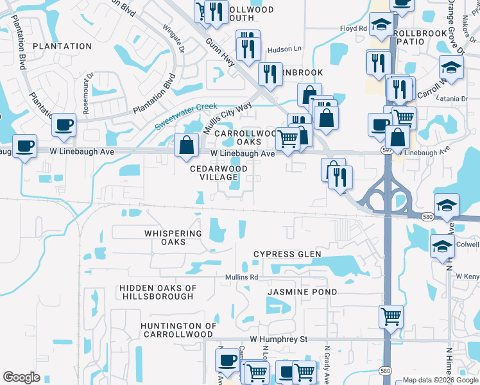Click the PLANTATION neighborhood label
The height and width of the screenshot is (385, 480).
[62, 46]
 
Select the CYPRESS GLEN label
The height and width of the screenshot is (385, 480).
[287, 254]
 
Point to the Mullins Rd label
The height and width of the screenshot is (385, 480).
[241, 277]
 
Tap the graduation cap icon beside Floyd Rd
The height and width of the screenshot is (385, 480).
[381, 26]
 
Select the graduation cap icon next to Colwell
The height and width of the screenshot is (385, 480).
[442, 246]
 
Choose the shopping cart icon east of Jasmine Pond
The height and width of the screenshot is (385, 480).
[391, 316]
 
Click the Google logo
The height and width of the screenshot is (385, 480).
[21, 377]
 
